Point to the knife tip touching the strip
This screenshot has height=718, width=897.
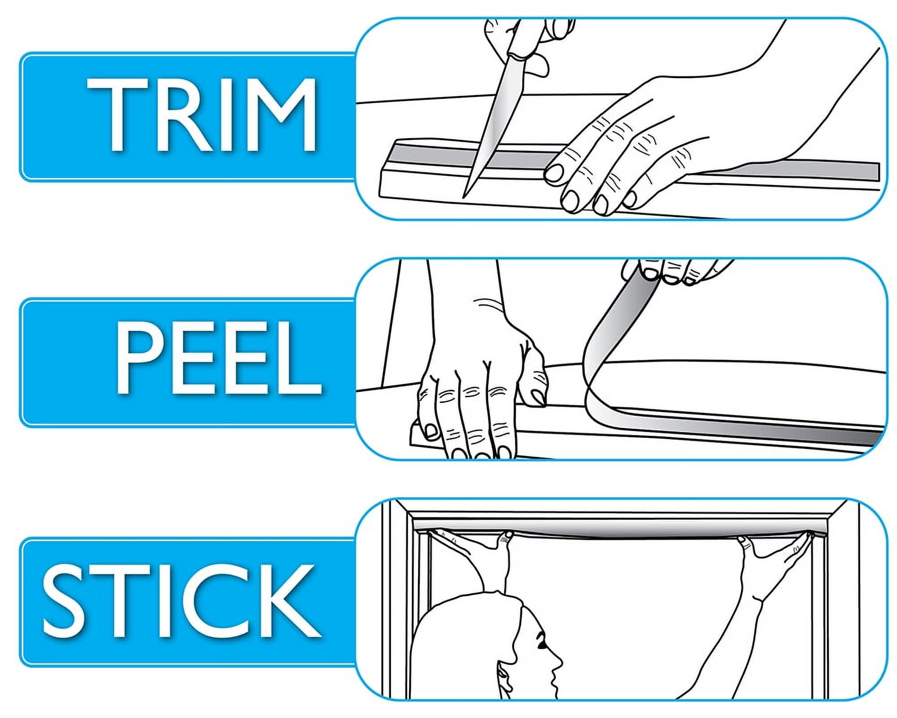point(465,196)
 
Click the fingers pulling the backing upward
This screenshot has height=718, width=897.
point(673,271)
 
